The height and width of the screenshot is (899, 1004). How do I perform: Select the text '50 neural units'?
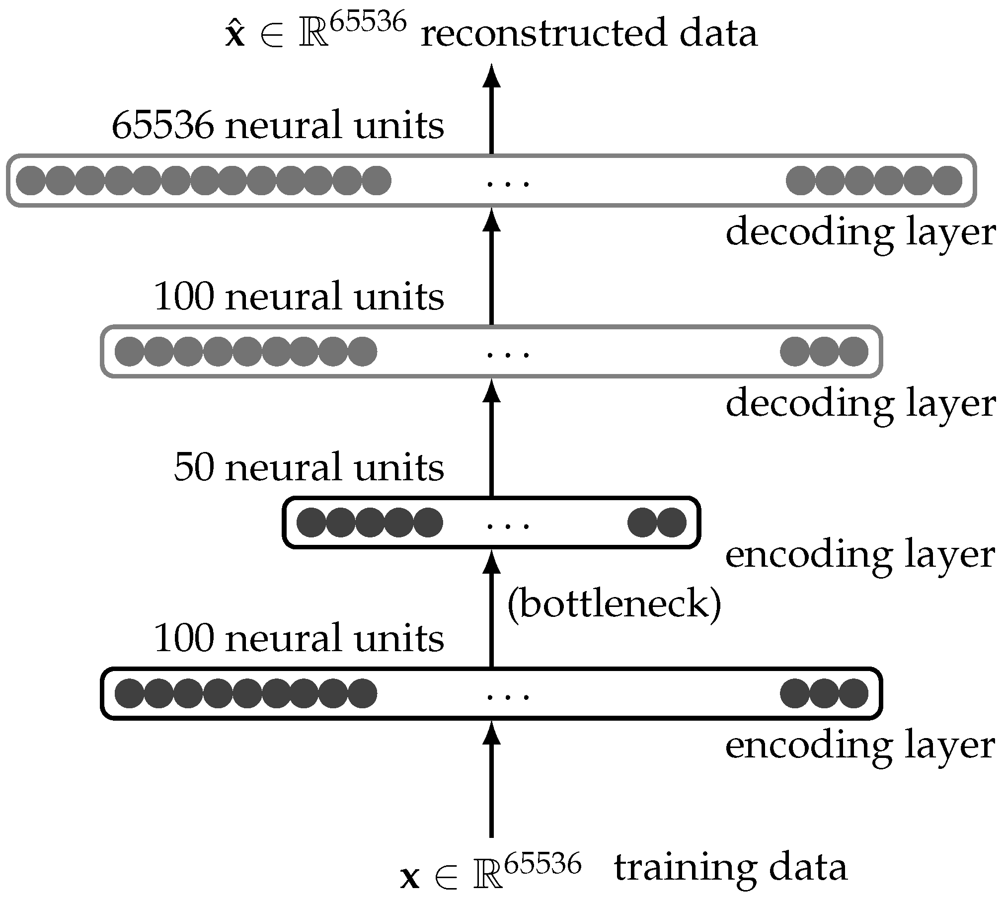[309, 467]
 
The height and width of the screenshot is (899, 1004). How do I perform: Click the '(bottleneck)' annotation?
[614, 604]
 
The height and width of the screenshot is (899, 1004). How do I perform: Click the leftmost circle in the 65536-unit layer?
[31, 180]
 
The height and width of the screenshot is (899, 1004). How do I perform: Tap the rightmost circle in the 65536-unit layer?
[947, 180]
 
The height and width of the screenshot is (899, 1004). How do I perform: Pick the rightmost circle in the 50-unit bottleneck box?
[672, 523]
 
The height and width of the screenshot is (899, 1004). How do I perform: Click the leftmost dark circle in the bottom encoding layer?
[129, 693]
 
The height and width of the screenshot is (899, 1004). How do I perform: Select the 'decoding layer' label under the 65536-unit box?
[860, 232]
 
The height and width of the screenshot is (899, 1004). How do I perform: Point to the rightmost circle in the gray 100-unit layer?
[853, 352]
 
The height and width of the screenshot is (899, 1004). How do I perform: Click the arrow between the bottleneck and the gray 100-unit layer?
[491, 437]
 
